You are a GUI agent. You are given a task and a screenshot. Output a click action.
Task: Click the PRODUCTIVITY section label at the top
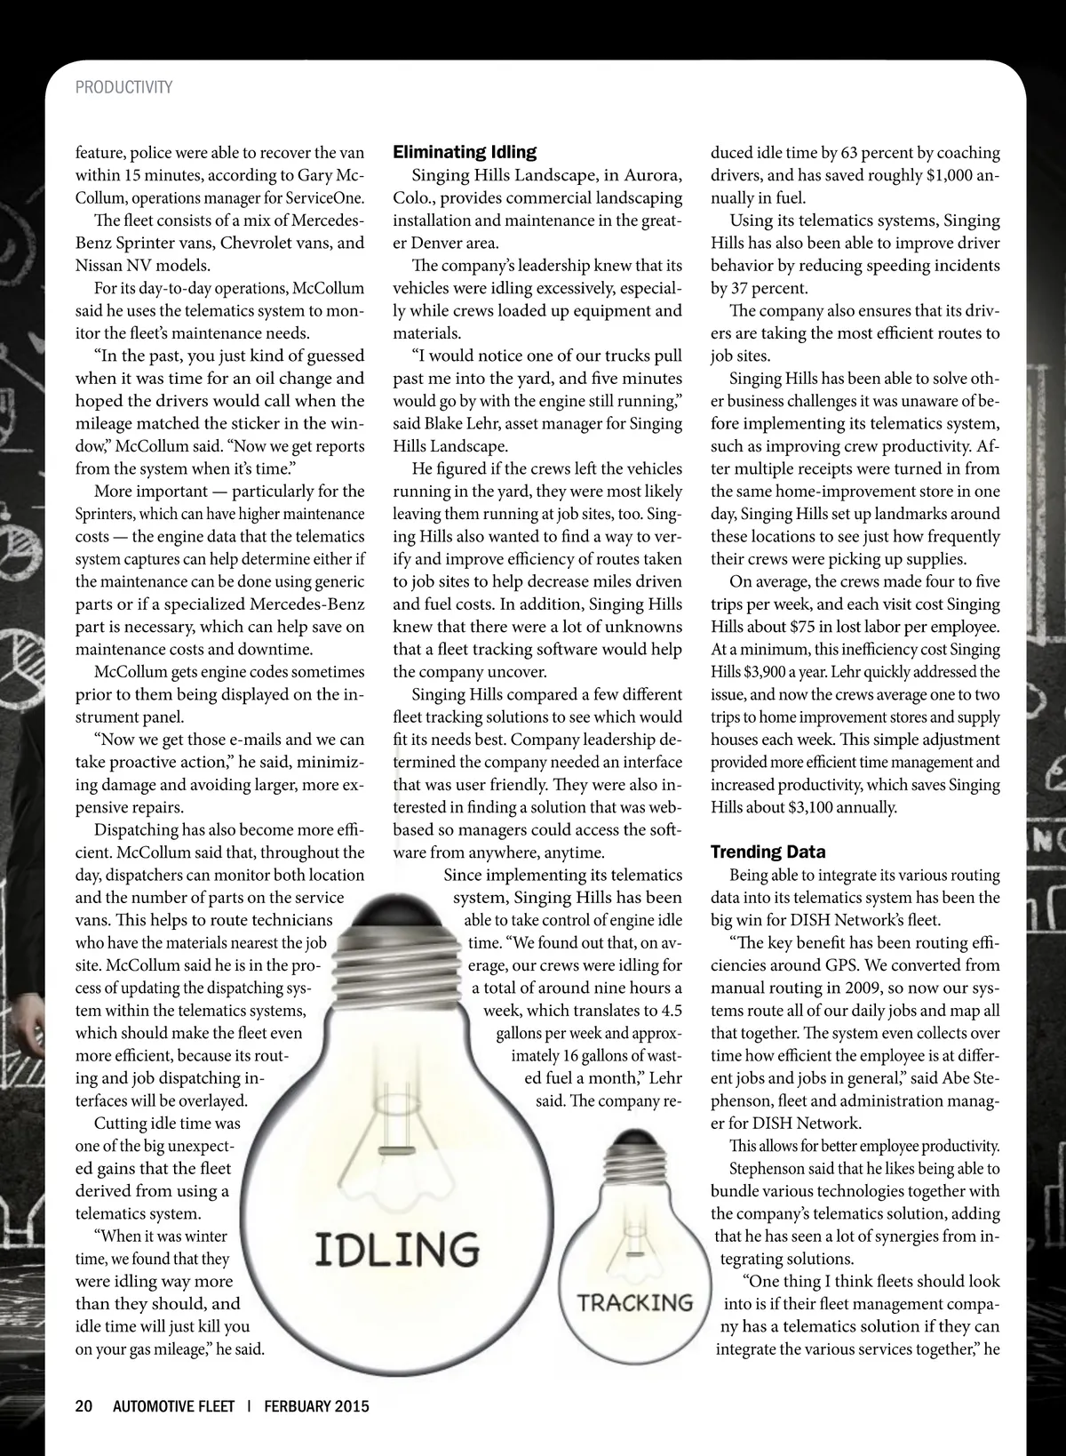point(123,87)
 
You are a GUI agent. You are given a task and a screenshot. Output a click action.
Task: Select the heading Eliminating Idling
point(465,152)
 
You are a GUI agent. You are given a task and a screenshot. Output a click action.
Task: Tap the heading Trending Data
point(768,852)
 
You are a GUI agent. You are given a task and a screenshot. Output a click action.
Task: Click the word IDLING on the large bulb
point(397,1250)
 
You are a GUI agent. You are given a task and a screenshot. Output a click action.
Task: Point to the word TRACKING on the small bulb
point(634,1303)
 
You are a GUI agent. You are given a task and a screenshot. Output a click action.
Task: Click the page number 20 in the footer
point(84,1405)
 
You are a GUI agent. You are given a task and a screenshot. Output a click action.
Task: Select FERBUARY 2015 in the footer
point(316,1405)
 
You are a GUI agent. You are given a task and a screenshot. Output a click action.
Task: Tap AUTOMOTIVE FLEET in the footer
point(173,1405)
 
